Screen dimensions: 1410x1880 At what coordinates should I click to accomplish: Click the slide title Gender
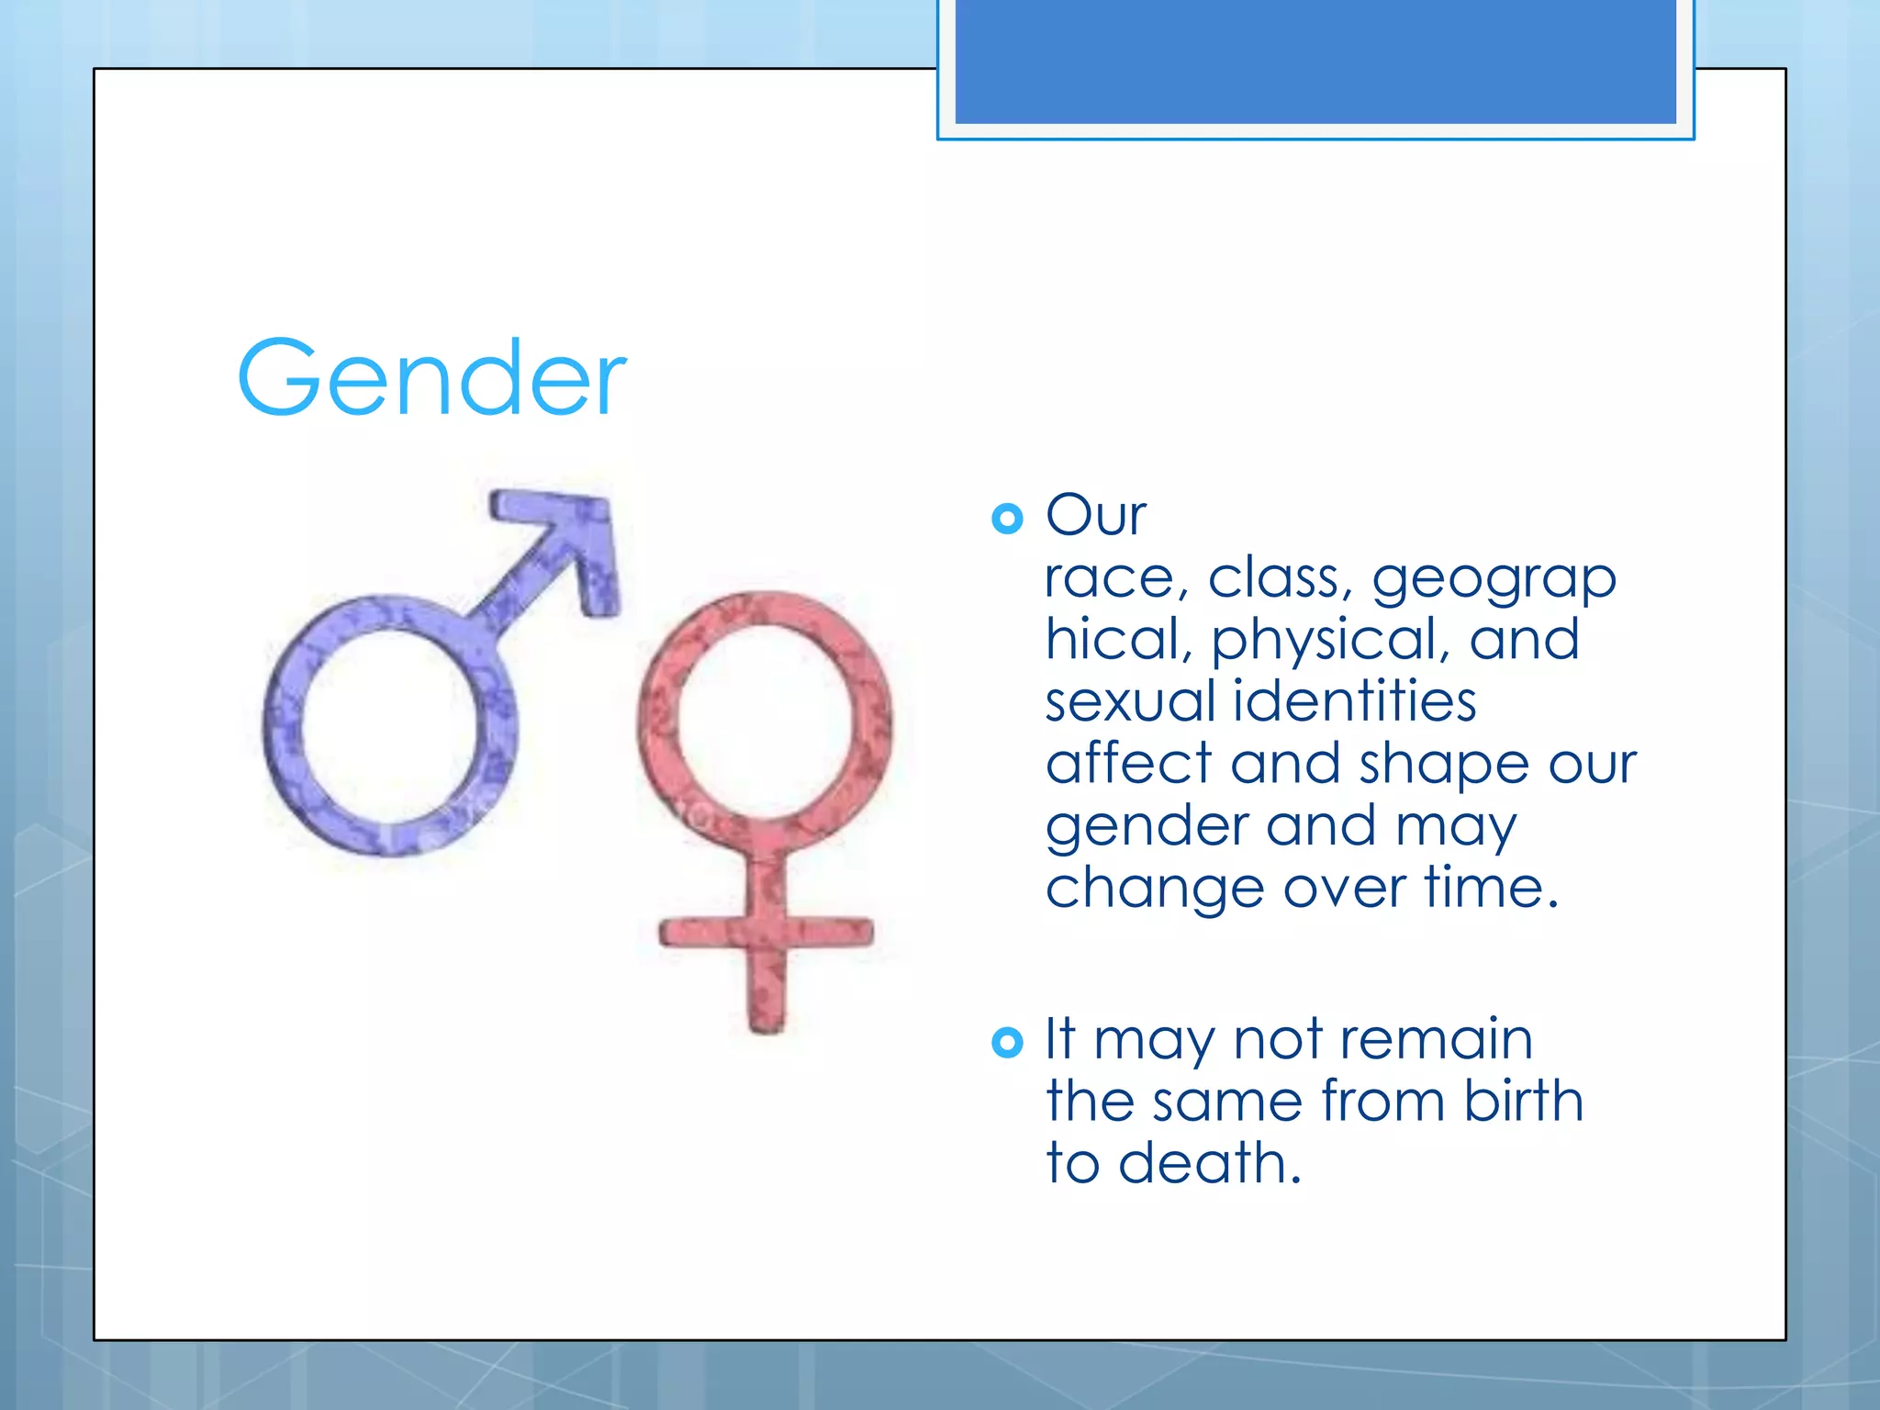point(431,378)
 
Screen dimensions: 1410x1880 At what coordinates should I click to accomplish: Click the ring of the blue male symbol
point(275,725)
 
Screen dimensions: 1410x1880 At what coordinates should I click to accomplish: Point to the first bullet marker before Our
point(1007,519)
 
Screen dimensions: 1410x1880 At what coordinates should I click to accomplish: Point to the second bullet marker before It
point(1007,1042)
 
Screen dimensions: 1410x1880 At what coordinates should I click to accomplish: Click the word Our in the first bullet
point(1095,515)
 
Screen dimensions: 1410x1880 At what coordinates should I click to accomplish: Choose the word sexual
point(1130,701)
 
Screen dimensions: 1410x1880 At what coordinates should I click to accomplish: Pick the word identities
point(1354,701)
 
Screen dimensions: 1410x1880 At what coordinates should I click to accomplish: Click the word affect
point(1128,764)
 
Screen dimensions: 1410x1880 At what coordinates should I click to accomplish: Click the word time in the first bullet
point(1490,888)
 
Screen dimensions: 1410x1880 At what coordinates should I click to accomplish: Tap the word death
point(1209,1163)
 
